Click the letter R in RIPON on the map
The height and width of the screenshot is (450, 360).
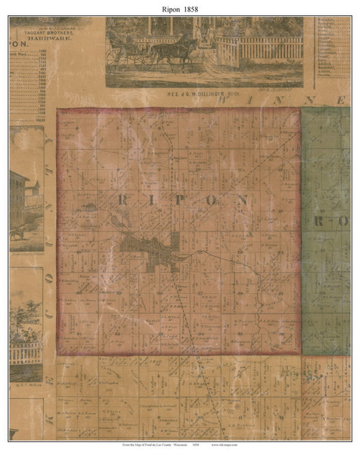(x=120, y=200)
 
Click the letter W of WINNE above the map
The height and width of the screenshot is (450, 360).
(x=225, y=101)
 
